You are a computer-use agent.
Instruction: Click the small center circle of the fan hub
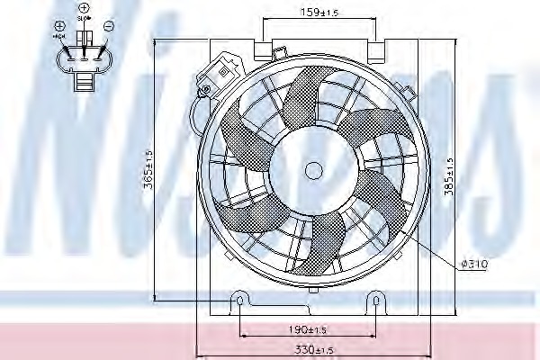point(314,170)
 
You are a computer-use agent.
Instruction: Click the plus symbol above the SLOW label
point(84,8)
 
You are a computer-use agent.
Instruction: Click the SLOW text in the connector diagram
point(84,18)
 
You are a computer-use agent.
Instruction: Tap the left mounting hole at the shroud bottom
point(238,298)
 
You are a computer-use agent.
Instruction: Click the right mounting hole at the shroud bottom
point(373,298)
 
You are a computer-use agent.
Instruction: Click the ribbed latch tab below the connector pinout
point(83,84)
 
